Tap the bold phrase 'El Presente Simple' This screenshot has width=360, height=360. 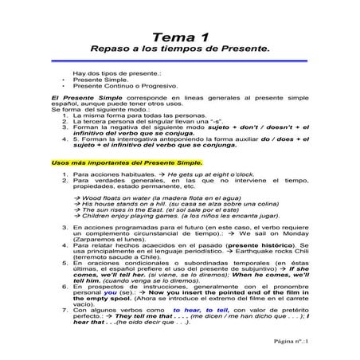[75, 98]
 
